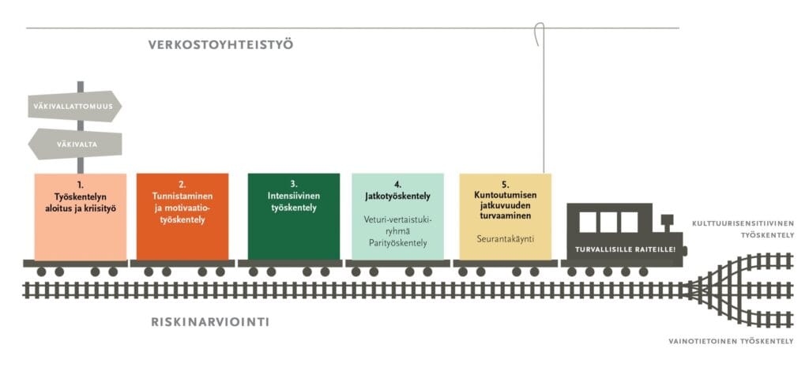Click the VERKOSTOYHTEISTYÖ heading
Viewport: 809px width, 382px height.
[220, 44]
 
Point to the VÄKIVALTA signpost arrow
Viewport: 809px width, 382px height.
[75, 144]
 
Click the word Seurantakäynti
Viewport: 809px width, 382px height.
[505, 237]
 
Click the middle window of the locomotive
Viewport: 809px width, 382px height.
[607, 222]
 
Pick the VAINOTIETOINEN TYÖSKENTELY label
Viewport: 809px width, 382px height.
[731, 341]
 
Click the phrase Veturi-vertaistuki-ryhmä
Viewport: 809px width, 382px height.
[397, 225]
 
